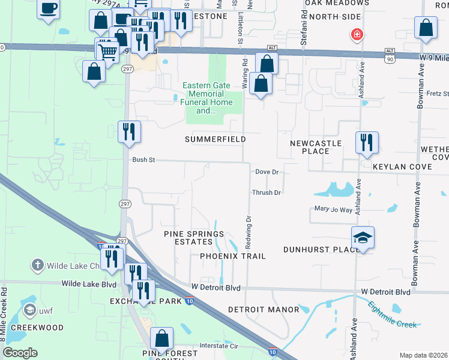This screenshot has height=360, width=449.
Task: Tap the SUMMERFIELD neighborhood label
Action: pyautogui.click(x=215, y=139)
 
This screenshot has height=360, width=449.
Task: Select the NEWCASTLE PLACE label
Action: pyautogui.click(x=316, y=147)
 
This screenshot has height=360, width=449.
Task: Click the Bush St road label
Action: pyautogui.click(x=144, y=160)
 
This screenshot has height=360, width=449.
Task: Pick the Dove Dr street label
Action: pyautogui.click(x=267, y=172)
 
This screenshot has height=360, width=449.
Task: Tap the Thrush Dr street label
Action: pyautogui.click(x=267, y=193)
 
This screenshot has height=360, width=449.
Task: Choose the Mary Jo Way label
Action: pyautogui.click(x=333, y=209)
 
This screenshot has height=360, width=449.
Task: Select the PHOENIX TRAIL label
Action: pyautogui.click(x=232, y=256)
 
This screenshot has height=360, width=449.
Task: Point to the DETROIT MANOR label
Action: pyautogui.click(x=264, y=310)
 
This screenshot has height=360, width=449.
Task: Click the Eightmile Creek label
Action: pyautogui.click(x=394, y=319)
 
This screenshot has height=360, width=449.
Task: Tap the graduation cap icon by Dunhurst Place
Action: pyautogui.click(x=363, y=238)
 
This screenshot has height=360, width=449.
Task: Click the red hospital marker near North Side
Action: pyautogui.click(x=358, y=35)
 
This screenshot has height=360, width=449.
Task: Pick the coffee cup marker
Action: pyautogui.click(x=49, y=9)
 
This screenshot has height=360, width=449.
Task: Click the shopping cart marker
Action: pyautogui.click(x=108, y=50)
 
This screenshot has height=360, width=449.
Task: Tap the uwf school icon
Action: pyautogui.click(x=29, y=310)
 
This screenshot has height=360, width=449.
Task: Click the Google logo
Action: pyautogui.click(x=20, y=353)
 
